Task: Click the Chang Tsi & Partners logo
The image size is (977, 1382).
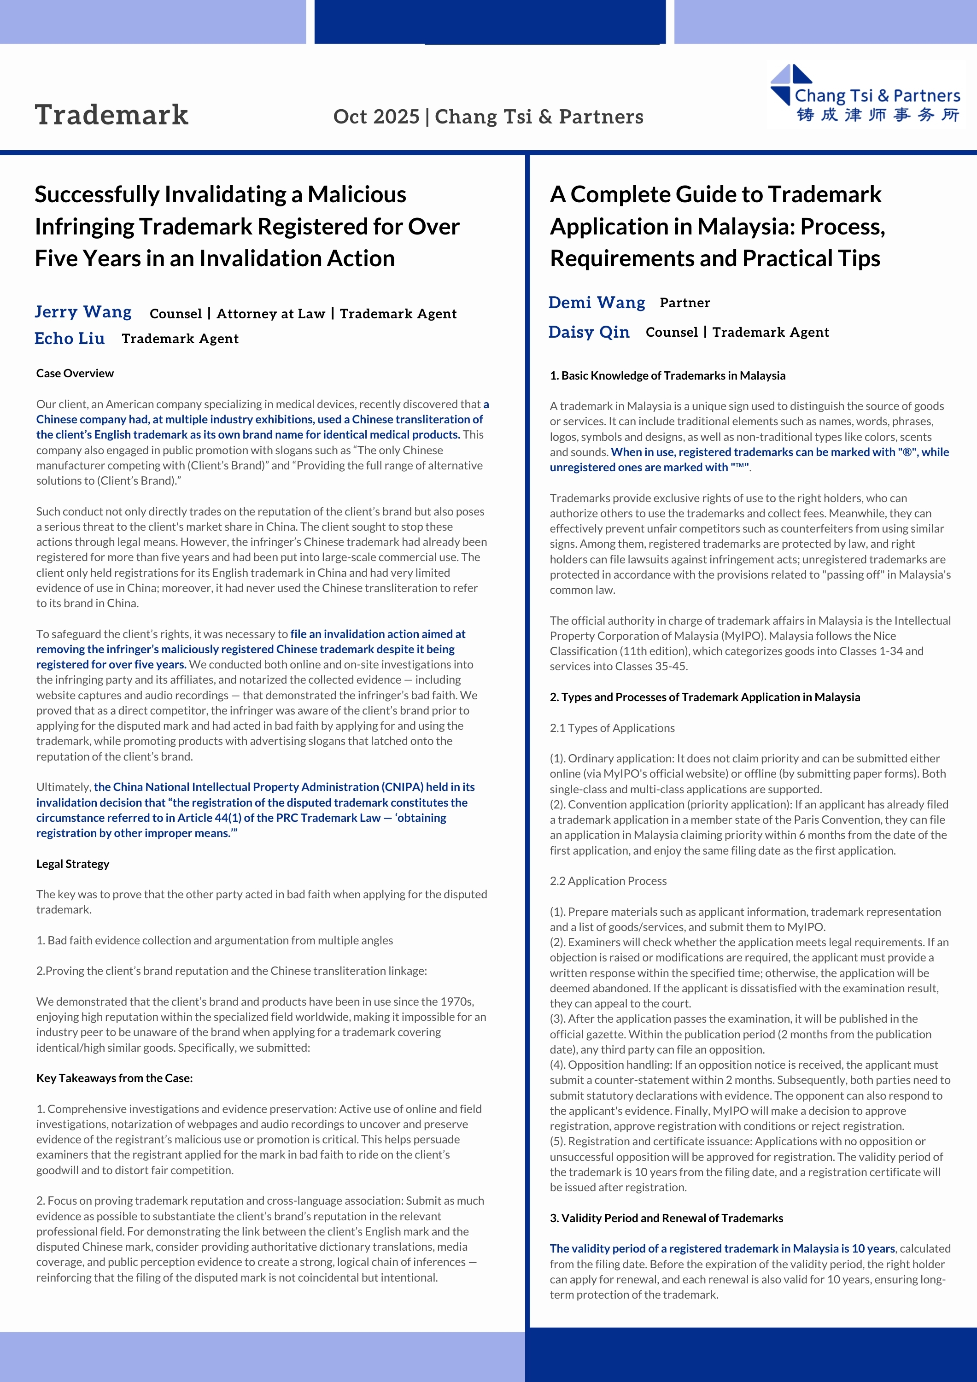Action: point(865,95)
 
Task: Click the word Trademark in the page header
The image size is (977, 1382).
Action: point(111,115)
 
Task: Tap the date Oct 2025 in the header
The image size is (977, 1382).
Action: point(376,117)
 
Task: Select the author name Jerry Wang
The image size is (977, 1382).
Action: point(83,312)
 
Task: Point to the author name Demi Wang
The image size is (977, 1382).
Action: point(597,302)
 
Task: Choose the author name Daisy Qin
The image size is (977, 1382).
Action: point(589,332)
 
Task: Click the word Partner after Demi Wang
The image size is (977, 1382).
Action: point(684,303)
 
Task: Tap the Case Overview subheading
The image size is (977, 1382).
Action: point(75,373)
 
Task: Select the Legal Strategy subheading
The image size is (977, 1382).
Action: point(73,864)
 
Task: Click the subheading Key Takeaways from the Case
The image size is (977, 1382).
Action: point(114,1078)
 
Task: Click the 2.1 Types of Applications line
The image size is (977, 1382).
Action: point(612,728)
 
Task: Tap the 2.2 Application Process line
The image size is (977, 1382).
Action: point(608,881)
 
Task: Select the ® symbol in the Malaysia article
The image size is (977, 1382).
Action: point(907,452)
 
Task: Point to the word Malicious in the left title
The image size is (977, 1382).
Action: point(357,194)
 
